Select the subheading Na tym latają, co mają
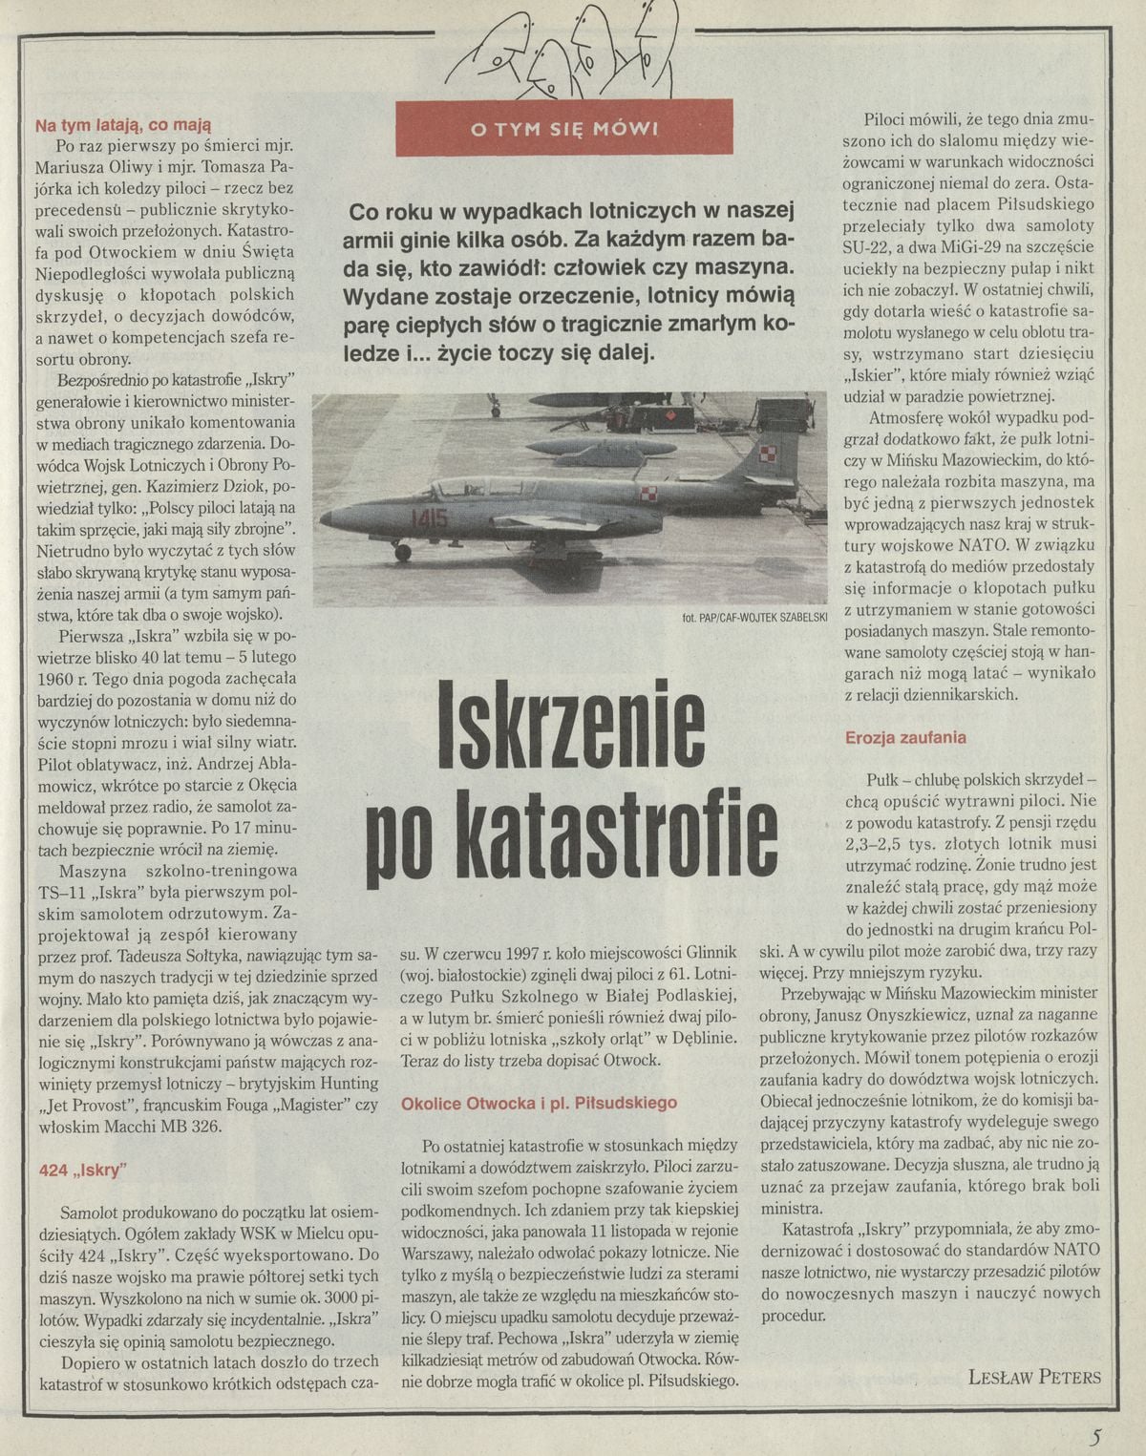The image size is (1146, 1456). (x=122, y=124)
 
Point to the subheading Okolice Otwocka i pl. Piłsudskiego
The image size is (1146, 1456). (x=539, y=1103)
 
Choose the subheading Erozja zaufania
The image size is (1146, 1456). (x=905, y=737)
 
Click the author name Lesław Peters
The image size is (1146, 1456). (x=1033, y=1377)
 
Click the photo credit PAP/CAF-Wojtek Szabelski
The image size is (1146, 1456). (x=754, y=618)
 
